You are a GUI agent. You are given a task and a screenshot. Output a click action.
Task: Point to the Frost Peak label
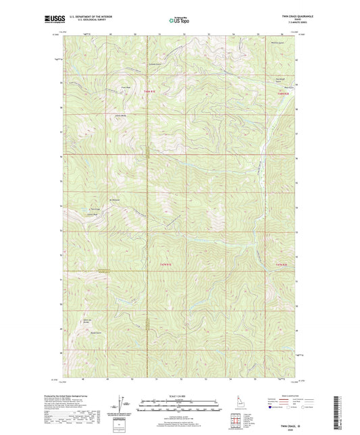[x=126, y=87]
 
